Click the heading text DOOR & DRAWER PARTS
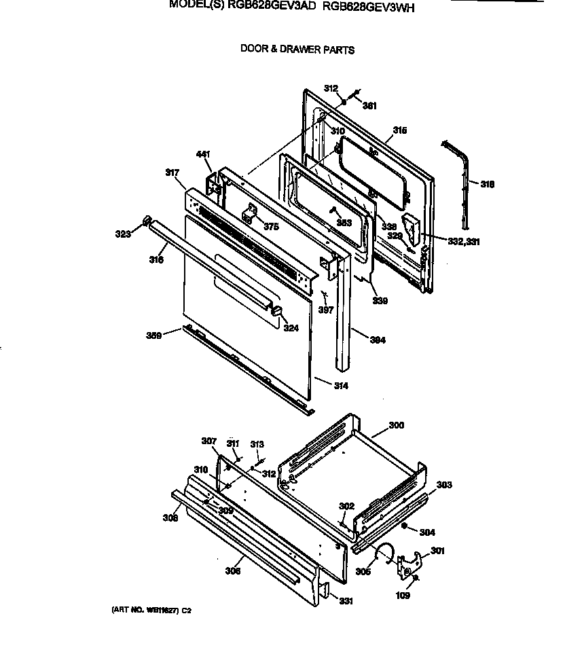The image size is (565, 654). coord(297,50)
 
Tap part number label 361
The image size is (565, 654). coord(369,105)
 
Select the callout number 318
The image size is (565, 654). coord(487,184)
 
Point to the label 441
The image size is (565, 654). coord(203,154)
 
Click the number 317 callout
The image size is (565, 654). coord(173,173)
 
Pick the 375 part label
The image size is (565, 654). coord(272,227)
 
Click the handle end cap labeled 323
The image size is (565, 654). coord(146,221)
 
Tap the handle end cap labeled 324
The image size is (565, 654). coord(277,311)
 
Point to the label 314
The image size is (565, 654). coord(340,386)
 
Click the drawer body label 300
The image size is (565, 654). coord(396,425)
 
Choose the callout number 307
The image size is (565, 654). coord(208,441)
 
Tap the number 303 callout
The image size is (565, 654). coord(444,485)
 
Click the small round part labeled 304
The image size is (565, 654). coord(405,527)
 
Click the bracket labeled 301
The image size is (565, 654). coord(409,562)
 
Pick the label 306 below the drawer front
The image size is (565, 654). coord(233,571)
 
